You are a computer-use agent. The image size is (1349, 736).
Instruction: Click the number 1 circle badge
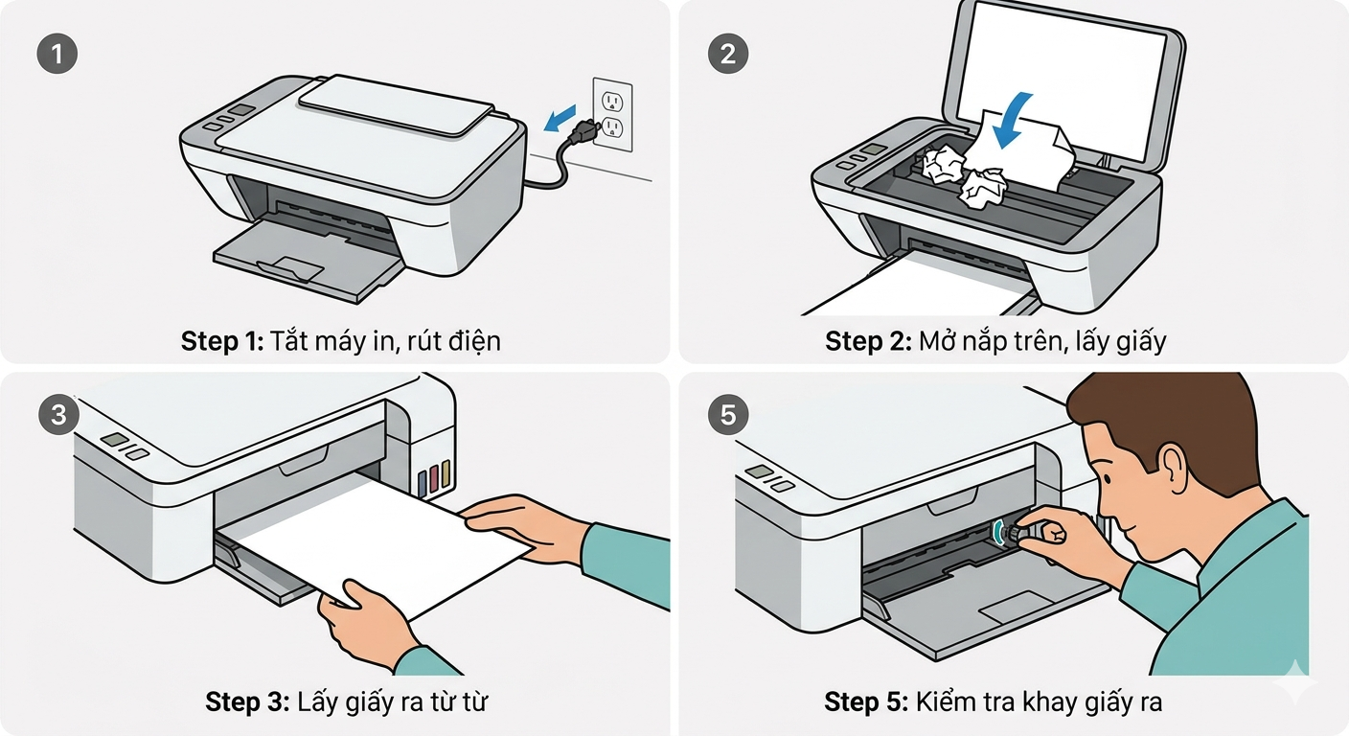click(x=57, y=54)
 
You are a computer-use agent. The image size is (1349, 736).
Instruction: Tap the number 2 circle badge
click(x=728, y=54)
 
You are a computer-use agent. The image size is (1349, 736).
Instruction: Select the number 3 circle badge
click(x=57, y=415)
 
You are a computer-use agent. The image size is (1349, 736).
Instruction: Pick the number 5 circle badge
click(x=728, y=415)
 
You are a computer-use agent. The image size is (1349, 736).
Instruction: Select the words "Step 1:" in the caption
click(x=221, y=341)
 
